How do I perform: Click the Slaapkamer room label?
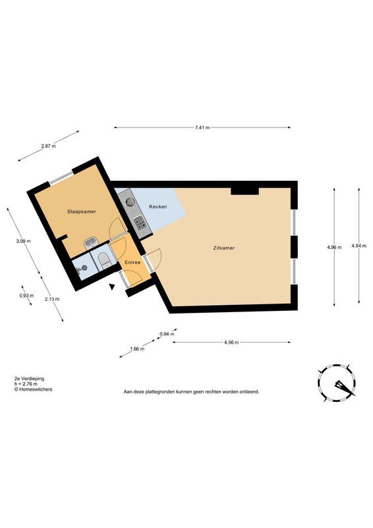pyautogui.click(x=82, y=211)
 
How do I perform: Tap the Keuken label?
pyautogui.click(x=158, y=207)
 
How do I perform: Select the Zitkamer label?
pyautogui.click(x=223, y=248)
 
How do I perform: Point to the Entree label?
pyautogui.click(x=132, y=262)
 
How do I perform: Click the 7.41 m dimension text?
pyautogui.click(x=202, y=127)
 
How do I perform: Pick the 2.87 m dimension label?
pyautogui.click(x=48, y=146)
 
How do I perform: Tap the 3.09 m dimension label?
pyautogui.click(x=24, y=241)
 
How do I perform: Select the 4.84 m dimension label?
pyautogui.click(x=359, y=246)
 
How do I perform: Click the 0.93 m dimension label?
pyautogui.click(x=26, y=296)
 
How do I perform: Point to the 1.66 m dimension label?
pyautogui.click(x=137, y=349)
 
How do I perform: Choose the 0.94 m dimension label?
pyautogui.click(x=167, y=334)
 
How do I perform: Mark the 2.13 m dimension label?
pyautogui.click(x=52, y=299)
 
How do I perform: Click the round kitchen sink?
pyautogui.click(x=130, y=202)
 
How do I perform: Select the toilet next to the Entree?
pyautogui.click(x=104, y=260)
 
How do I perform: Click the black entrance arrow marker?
pyautogui.click(x=112, y=286)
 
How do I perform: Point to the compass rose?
pyautogui.click(x=336, y=383)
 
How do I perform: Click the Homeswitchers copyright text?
pyautogui.click(x=33, y=389)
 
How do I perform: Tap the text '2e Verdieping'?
pyautogui.click(x=29, y=378)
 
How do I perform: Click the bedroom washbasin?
pyautogui.click(x=91, y=243)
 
